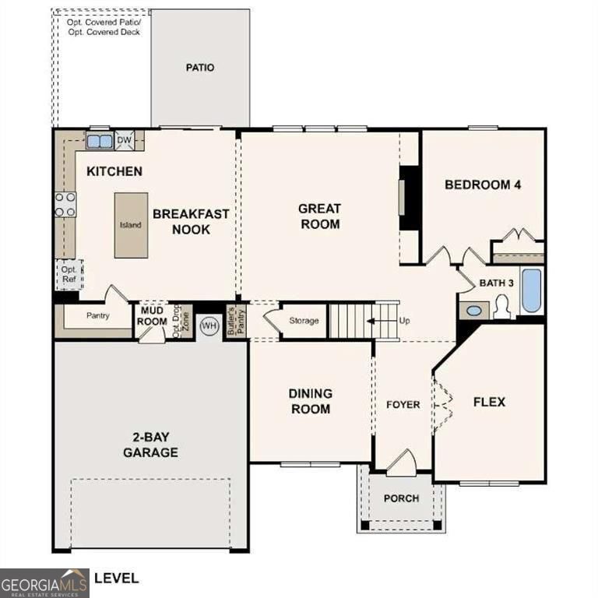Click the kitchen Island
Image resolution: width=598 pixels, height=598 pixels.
coord(131,225)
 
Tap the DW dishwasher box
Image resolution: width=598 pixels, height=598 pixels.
coord(125,141)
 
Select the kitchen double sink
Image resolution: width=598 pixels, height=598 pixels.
coord(99,141)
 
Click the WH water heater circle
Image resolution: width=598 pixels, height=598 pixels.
coord(209,325)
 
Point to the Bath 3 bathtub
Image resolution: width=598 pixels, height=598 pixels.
coord(532,291)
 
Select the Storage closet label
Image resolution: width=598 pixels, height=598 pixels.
coord(304,321)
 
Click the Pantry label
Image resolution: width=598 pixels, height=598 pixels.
coord(97,316)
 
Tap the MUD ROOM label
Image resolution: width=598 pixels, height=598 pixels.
coord(153,316)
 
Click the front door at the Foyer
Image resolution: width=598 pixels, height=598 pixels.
coord(401,464)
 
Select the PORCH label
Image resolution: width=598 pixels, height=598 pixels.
coord(402,498)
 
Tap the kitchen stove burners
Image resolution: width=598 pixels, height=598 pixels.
coord(65,204)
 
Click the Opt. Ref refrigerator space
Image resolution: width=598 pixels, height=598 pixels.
coord(69,274)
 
